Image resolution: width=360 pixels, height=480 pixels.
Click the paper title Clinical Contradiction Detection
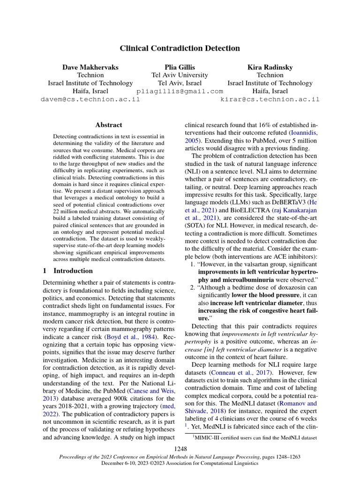click(180, 48)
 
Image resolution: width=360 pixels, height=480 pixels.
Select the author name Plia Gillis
click(180, 67)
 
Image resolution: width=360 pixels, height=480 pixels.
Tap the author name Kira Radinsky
click(270, 67)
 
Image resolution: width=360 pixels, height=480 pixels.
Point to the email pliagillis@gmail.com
click(180, 91)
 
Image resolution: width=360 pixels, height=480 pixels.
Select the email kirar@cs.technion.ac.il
click(270, 99)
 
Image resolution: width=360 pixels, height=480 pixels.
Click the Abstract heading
click(109, 125)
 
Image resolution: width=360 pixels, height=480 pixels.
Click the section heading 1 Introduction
click(68, 271)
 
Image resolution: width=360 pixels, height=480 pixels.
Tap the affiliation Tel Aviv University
click(180, 75)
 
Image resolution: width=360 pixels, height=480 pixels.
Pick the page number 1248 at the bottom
click(180, 450)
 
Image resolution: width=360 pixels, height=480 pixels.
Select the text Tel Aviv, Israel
click(180, 83)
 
